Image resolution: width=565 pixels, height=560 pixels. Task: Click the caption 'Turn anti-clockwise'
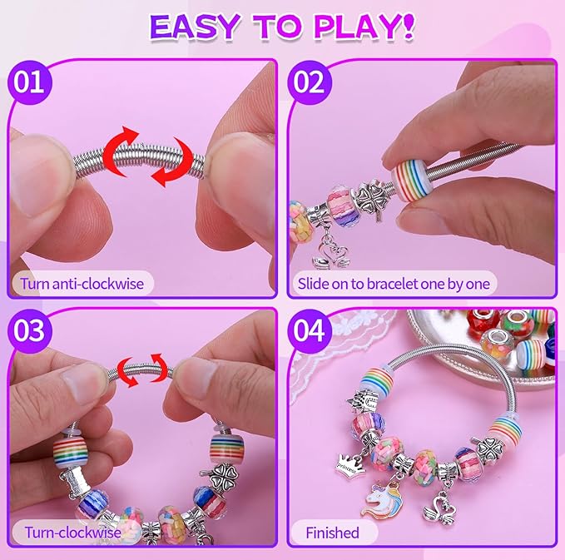click(x=82, y=283)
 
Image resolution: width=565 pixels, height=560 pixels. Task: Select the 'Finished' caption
click(x=332, y=532)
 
